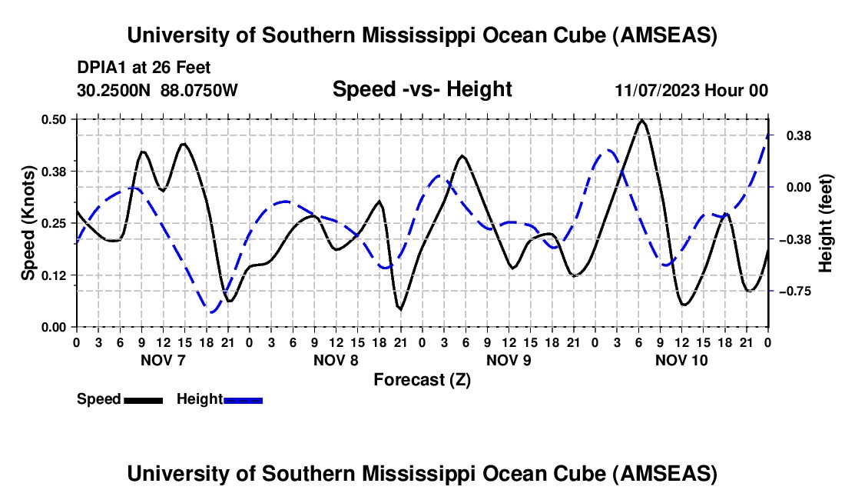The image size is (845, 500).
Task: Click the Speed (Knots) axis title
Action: click(x=28, y=223)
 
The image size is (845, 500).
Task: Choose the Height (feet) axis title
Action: click(x=827, y=223)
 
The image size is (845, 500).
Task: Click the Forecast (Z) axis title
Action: click(x=422, y=379)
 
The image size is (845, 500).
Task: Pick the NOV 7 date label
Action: click(x=162, y=360)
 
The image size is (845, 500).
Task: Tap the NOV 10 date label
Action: click(x=681, y=360)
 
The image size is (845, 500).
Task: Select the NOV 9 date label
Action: click(x=508, y=360)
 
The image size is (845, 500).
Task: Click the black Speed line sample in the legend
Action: click(x=143, y=400)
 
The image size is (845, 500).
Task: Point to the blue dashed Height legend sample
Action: click(x=244, y=400)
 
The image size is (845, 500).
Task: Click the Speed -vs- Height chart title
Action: click(x=422, y=89)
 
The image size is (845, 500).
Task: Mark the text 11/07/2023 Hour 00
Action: click(x=691, y=90)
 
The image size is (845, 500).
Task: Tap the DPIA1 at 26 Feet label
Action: click(x=144, y=68)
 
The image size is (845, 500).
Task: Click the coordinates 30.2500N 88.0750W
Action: click(x=157, y=90)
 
